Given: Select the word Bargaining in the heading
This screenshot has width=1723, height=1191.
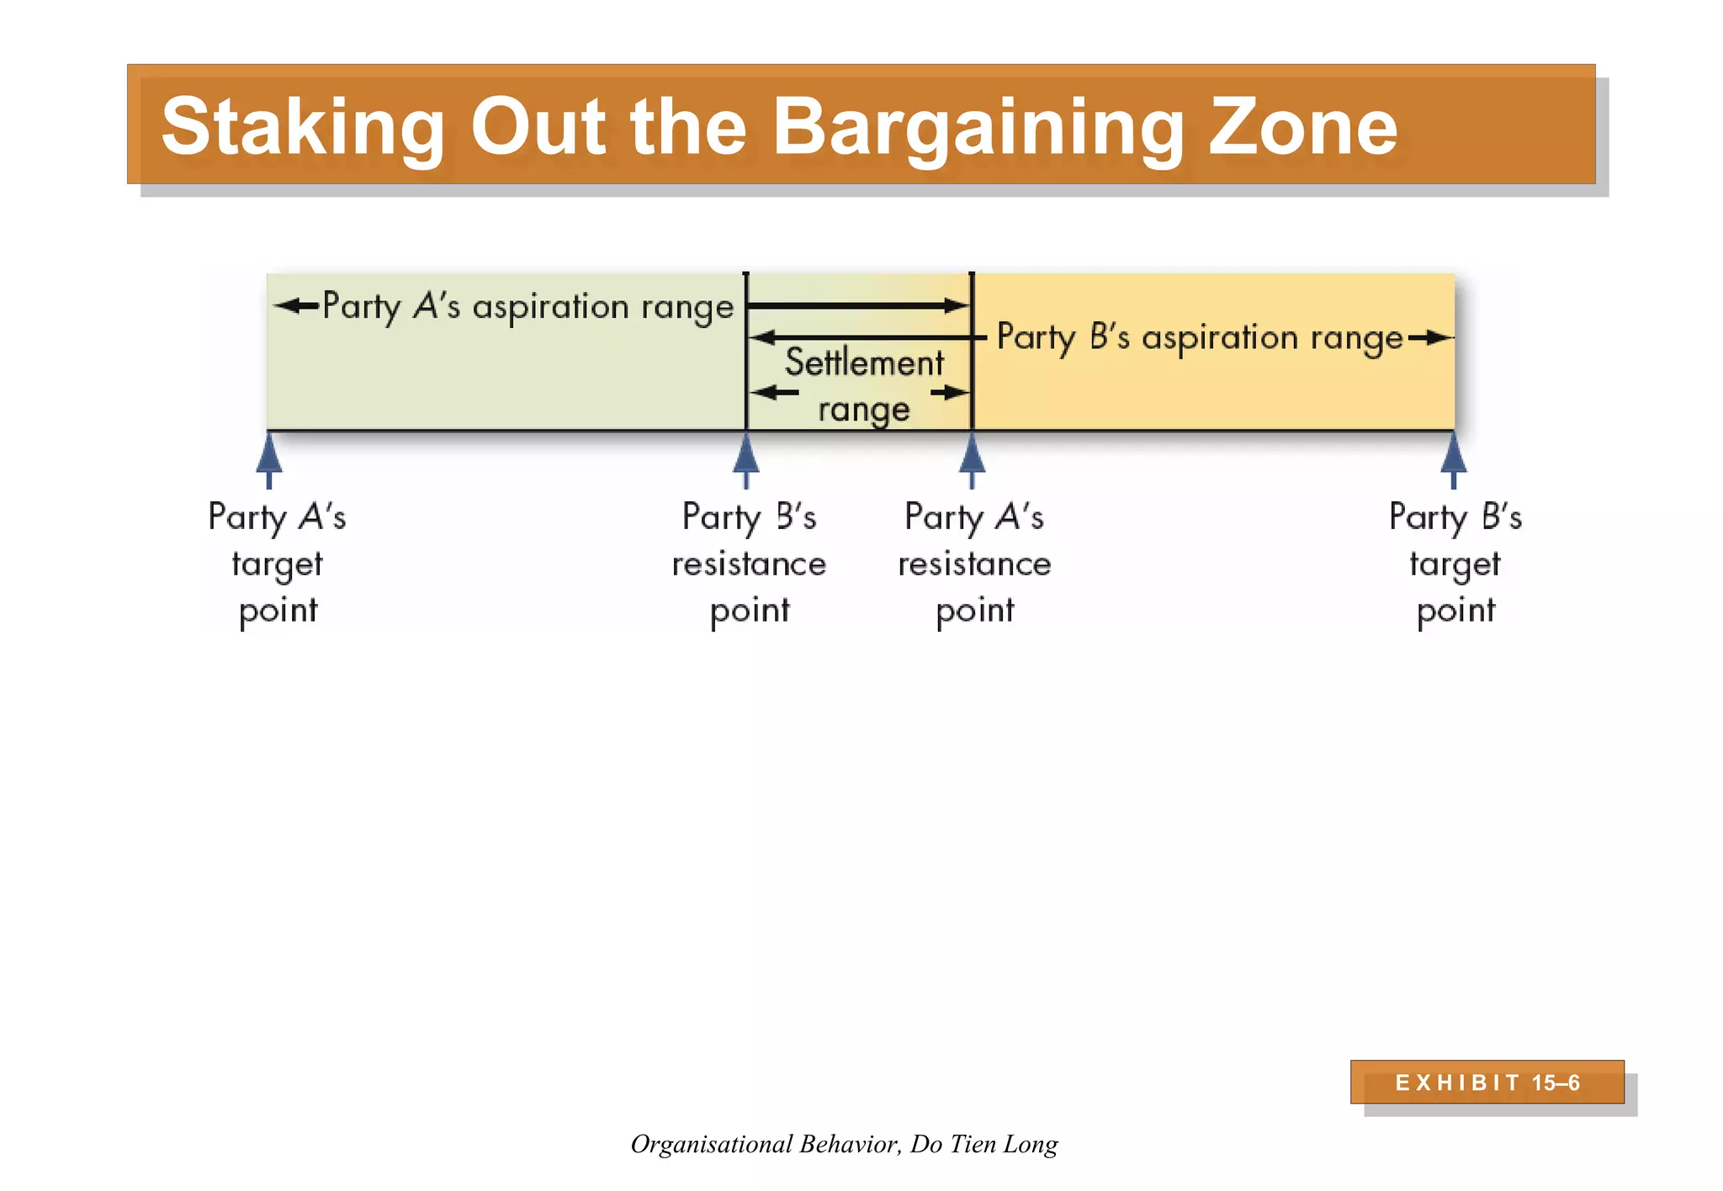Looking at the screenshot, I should click(x=976, y=127).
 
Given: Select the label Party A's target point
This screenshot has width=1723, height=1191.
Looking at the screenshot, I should click(x=277, y=563).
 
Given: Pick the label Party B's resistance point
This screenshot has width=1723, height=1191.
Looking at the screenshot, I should click(x=749, y=563).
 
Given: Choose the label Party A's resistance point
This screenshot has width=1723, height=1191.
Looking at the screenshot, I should click(x=974, y=563).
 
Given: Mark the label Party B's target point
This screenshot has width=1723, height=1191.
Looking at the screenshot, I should click(x=1455, y=563).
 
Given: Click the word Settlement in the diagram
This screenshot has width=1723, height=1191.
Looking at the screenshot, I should click(x=864, y=363).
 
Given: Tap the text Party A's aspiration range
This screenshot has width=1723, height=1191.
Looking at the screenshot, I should click(x=528, y=306).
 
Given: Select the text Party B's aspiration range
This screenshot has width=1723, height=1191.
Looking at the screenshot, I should click(x=1200, y=337).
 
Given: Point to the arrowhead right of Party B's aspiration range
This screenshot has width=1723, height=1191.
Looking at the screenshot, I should click(x=1437, y=338).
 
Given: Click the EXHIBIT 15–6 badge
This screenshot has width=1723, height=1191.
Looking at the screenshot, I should click(x=1487, y=1082).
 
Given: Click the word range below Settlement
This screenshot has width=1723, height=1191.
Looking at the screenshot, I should click(x=864, y=410).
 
